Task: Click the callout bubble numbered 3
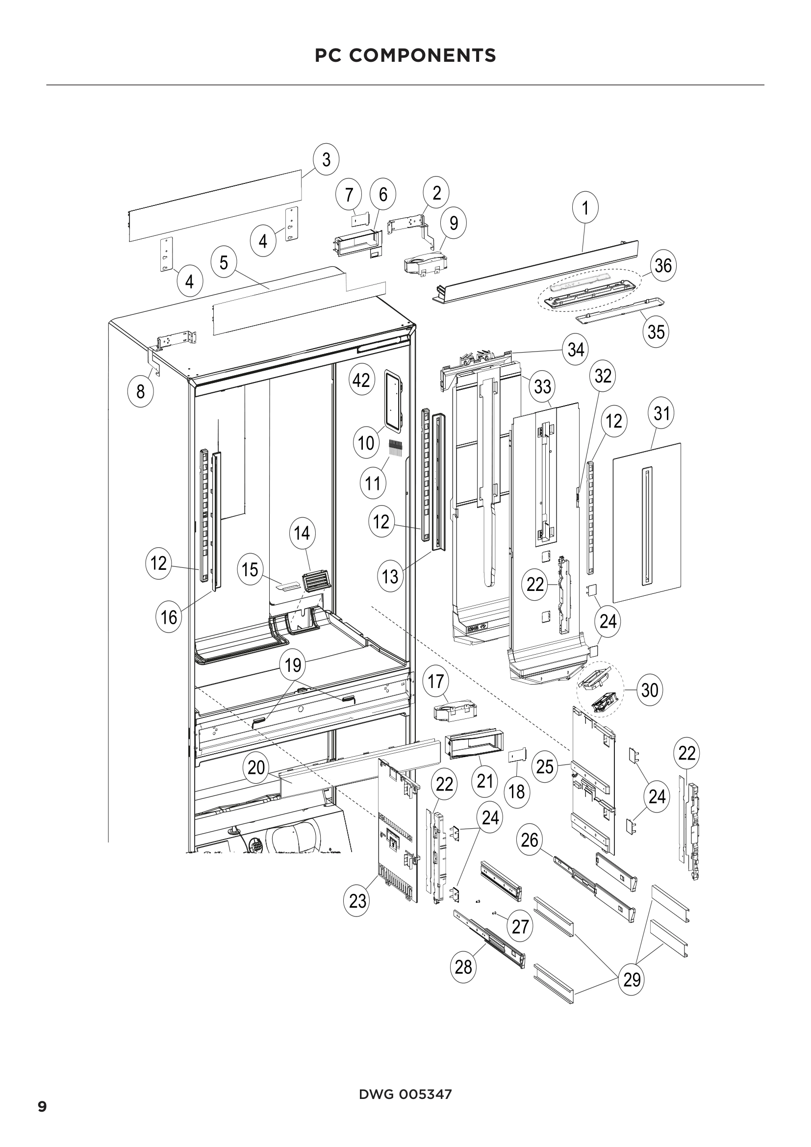(x=326, y=159)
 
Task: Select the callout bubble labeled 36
(x=663, y=265)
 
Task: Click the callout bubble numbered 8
(x=140, y=391)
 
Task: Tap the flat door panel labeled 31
(x=647, y=522)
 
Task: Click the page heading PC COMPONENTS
(x=405, y=55)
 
